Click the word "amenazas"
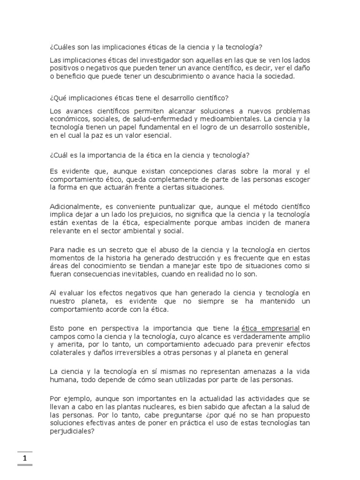(x=251, y=372)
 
